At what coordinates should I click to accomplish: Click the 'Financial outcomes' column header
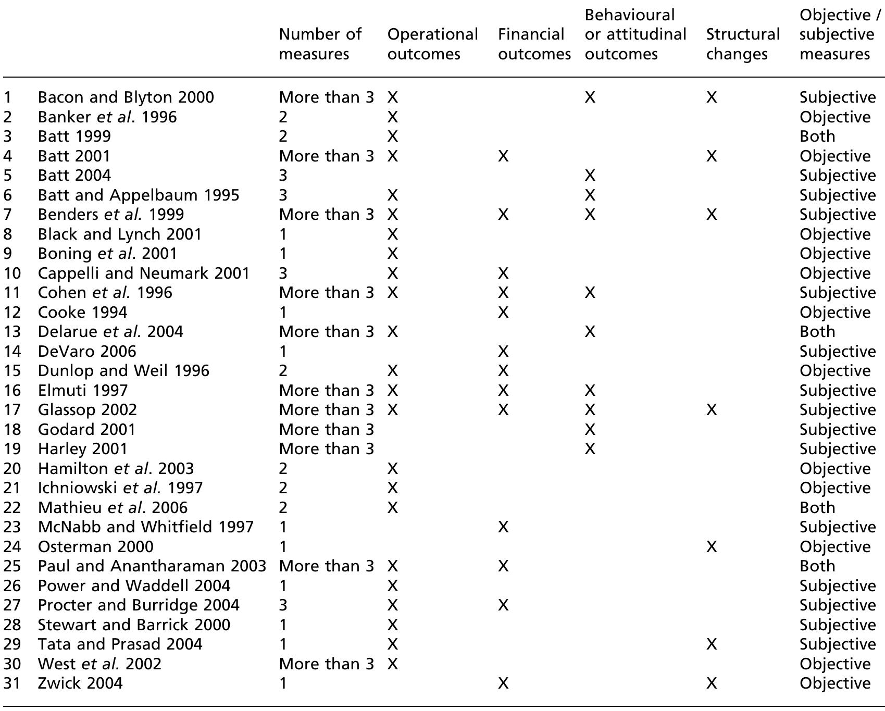click(534, 44)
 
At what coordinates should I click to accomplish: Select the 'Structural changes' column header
click(742, 44)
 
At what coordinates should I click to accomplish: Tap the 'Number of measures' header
click(320, 44)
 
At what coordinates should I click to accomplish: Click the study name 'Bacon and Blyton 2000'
click(126, 97)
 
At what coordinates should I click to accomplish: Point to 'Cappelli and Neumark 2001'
click(144, 273)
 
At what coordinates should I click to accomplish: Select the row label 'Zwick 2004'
click(80, 683)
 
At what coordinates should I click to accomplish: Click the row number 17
click(12, 410)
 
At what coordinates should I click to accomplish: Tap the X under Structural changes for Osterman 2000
click(712, 546)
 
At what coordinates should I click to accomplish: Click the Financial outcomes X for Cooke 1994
click(503, 313)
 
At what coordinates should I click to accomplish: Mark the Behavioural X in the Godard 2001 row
click(590, 430)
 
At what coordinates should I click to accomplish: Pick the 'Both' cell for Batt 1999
click(817, 136)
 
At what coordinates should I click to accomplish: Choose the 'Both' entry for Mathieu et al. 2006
click(817, 508)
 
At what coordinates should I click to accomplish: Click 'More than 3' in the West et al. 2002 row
click(326, 664)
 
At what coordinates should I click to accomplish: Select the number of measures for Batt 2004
click(283, 176)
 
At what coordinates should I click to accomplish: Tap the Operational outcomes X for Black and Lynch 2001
click(393, 234)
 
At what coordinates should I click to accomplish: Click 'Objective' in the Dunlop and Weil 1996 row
click(835, 371)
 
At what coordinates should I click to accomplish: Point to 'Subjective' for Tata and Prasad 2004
click(838, 644)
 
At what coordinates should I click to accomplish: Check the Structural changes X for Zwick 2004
click(712, 683)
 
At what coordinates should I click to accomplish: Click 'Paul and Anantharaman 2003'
click(152, 566)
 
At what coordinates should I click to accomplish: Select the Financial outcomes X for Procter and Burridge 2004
click(503, 605)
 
